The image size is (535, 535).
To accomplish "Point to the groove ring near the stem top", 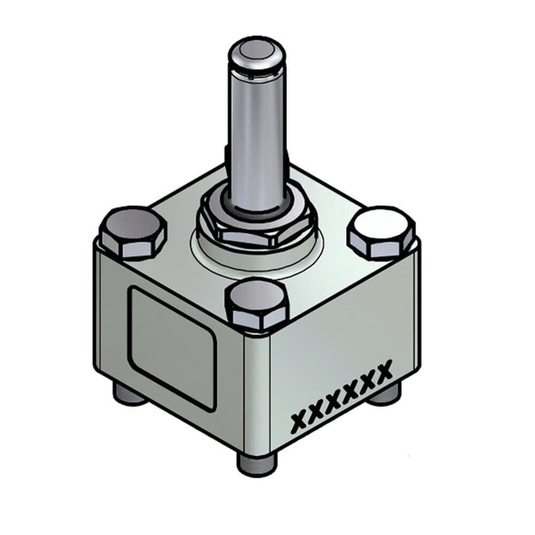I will pos(258,75).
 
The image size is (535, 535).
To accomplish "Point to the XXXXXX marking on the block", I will pos(343,396).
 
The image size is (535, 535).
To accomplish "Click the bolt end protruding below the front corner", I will pos(257,462).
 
